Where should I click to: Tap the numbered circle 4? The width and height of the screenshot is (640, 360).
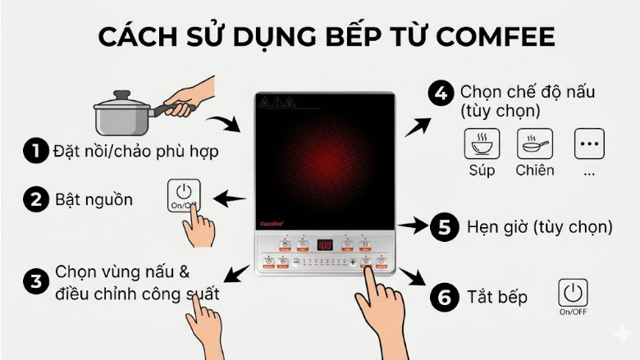(441, 93)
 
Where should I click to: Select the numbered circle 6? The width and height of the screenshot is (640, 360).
(444, 297)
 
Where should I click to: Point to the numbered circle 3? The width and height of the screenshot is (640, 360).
(36, 282)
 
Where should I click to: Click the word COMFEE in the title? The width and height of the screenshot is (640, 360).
(495, 37)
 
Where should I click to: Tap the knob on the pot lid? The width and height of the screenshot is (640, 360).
(121, 95)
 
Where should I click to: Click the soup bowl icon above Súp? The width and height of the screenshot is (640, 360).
(482, 144)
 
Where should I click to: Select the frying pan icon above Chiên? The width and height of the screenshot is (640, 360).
(534, 144)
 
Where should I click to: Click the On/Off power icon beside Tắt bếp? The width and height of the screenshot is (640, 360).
(573, 293)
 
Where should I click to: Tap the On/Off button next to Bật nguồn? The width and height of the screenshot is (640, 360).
(183, 195)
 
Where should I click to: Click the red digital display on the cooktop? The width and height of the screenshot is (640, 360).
(325, 244)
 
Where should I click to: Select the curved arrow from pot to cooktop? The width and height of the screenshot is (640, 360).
(222, 124)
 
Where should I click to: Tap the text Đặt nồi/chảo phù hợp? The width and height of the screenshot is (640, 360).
(136, 152)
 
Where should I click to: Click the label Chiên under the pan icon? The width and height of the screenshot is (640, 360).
(535, 171)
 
